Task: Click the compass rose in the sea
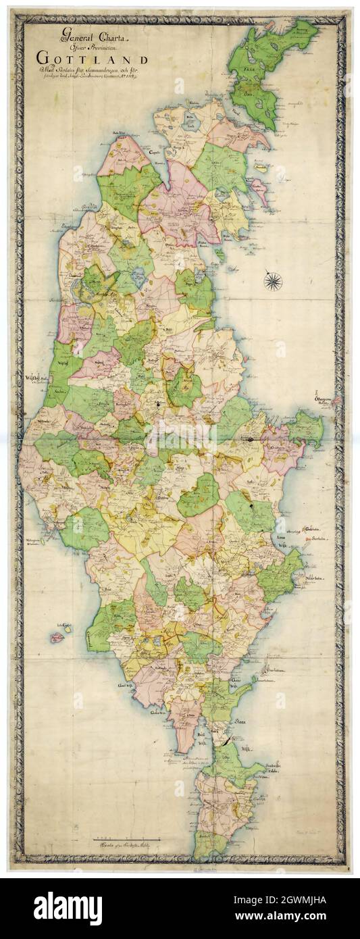(x=273, y=280)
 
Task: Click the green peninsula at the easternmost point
(x=308, y=428)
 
